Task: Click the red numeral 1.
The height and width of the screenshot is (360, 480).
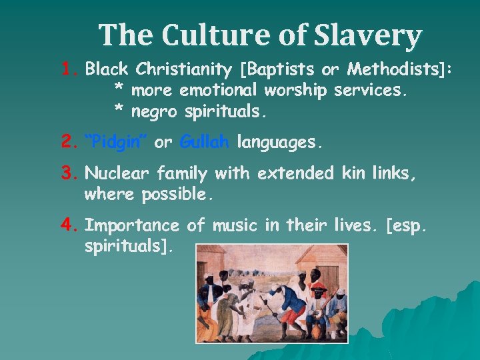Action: coord(69,69)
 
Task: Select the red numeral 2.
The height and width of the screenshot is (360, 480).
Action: coord(69,142)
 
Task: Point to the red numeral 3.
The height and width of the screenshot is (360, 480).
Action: coord(69,174)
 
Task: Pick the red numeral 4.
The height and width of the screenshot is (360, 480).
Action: coord(69,225)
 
